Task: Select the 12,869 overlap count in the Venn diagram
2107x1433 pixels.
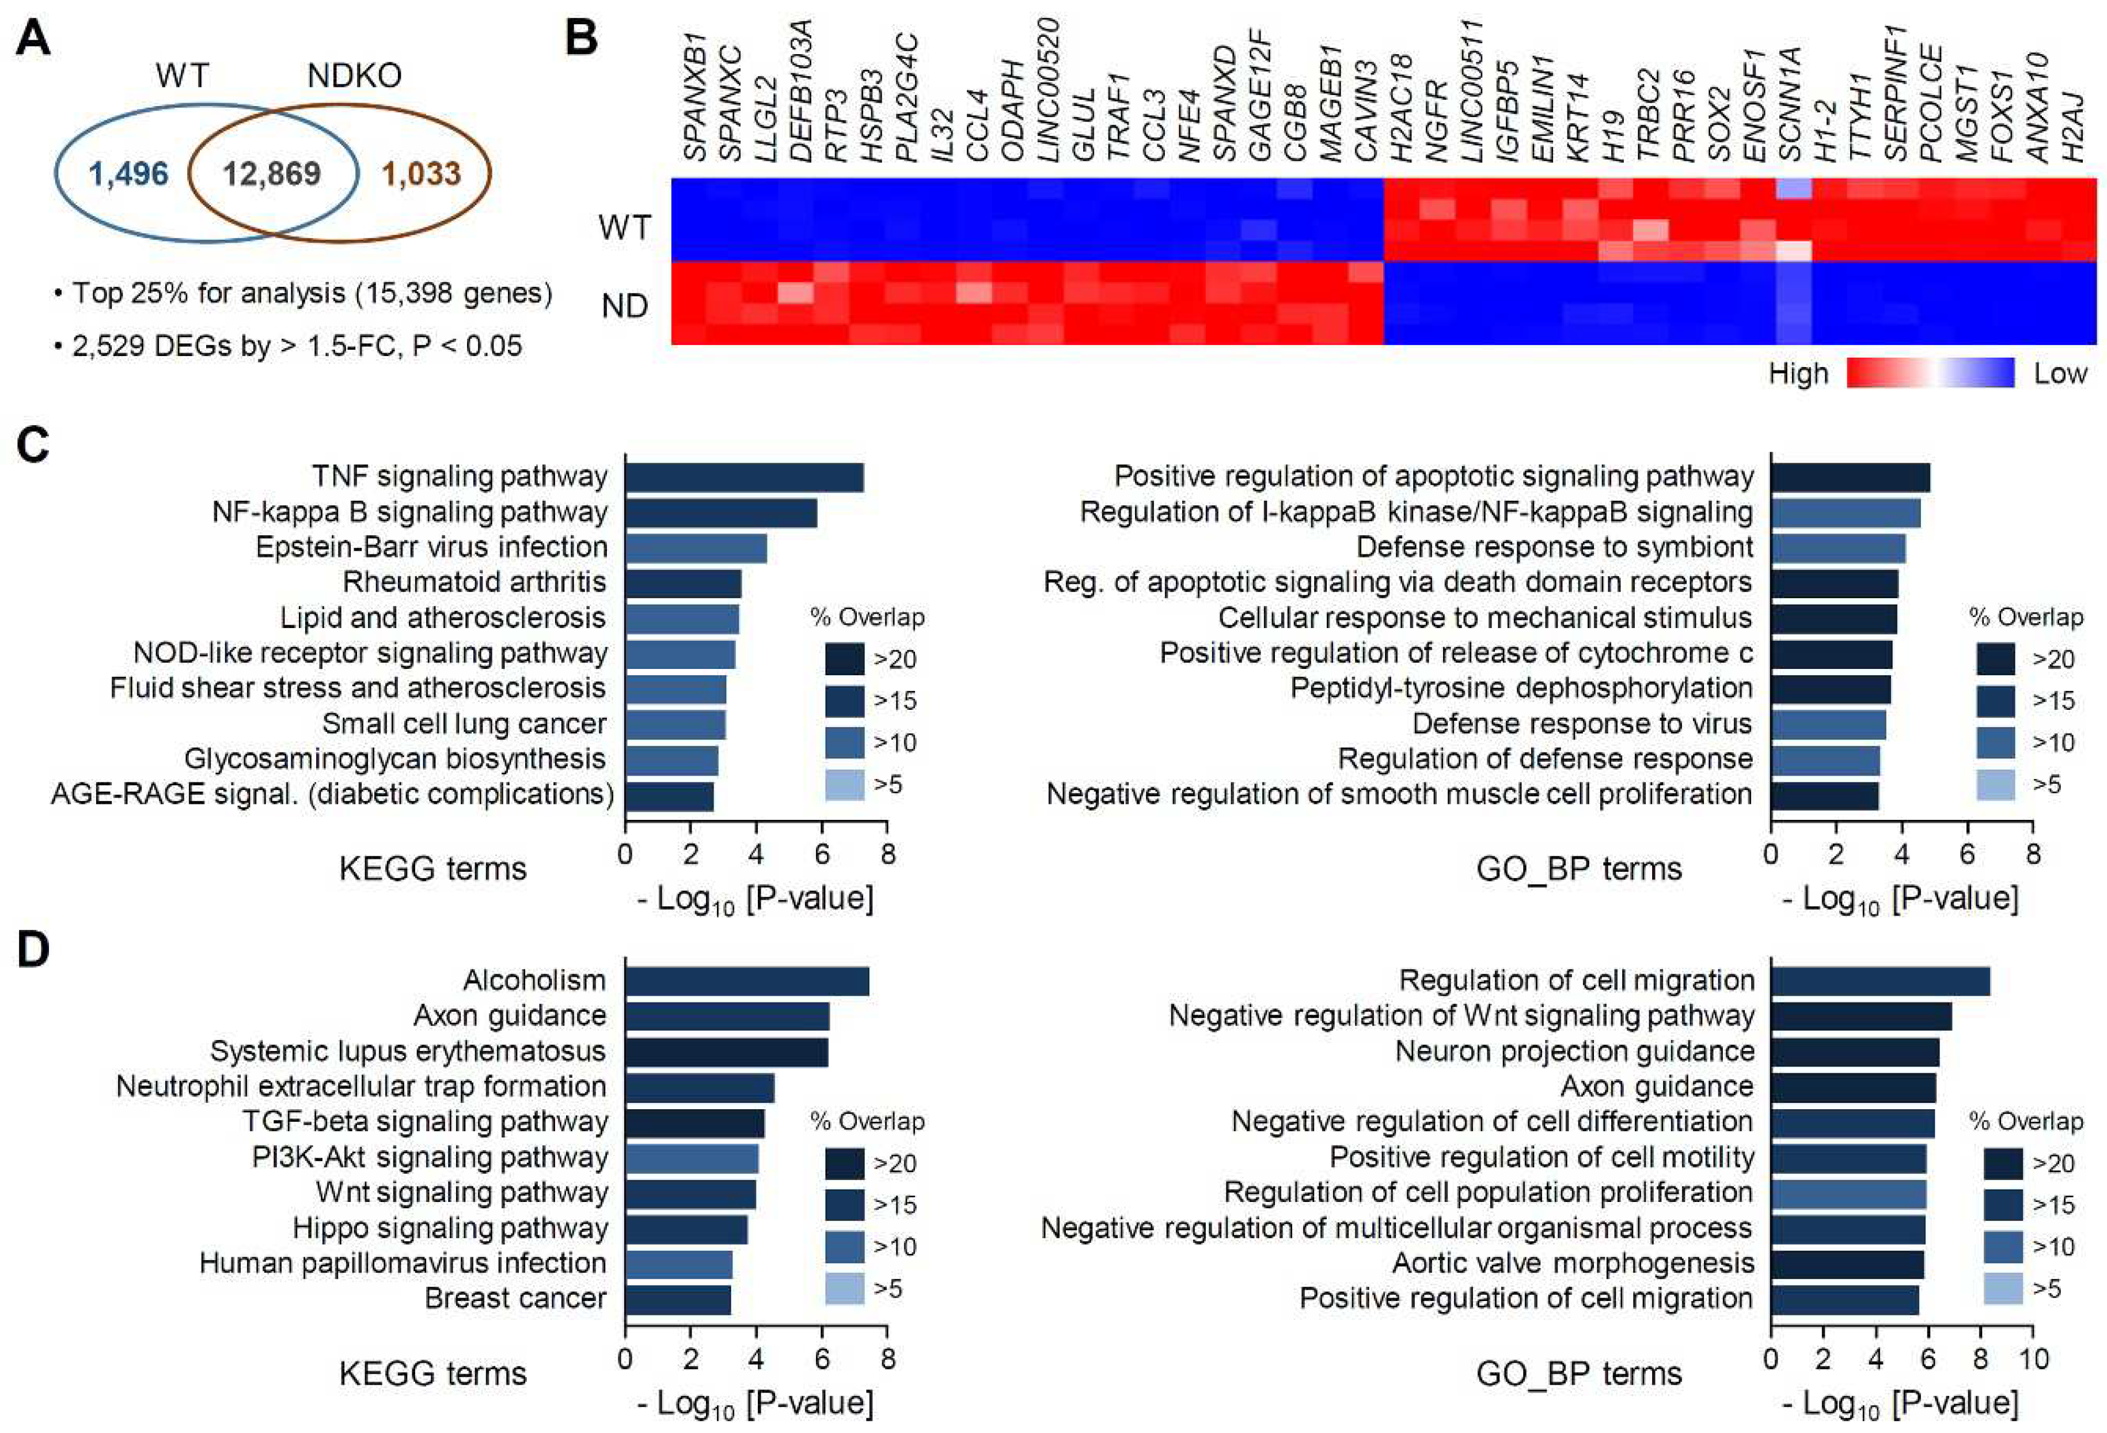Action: [x=272, y=173]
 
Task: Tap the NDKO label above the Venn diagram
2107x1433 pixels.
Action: [x=354, y=76]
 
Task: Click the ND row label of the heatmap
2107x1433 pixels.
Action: [x=625, y=305]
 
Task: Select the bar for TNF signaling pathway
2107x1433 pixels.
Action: [x=743, y=477]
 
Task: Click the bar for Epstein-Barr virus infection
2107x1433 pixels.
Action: [x=696, y=548]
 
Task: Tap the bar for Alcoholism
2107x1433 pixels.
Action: [x=746, y=981]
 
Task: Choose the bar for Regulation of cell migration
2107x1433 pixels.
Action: [x=1880, y=981]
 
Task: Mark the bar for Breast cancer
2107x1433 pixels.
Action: [x=677, y=1299]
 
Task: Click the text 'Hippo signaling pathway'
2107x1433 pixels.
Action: [x=450, y=1228]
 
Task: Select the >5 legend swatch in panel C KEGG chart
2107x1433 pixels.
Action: [x=844, y=785]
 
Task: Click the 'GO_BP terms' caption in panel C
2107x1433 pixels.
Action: [x=1578, y=869]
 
